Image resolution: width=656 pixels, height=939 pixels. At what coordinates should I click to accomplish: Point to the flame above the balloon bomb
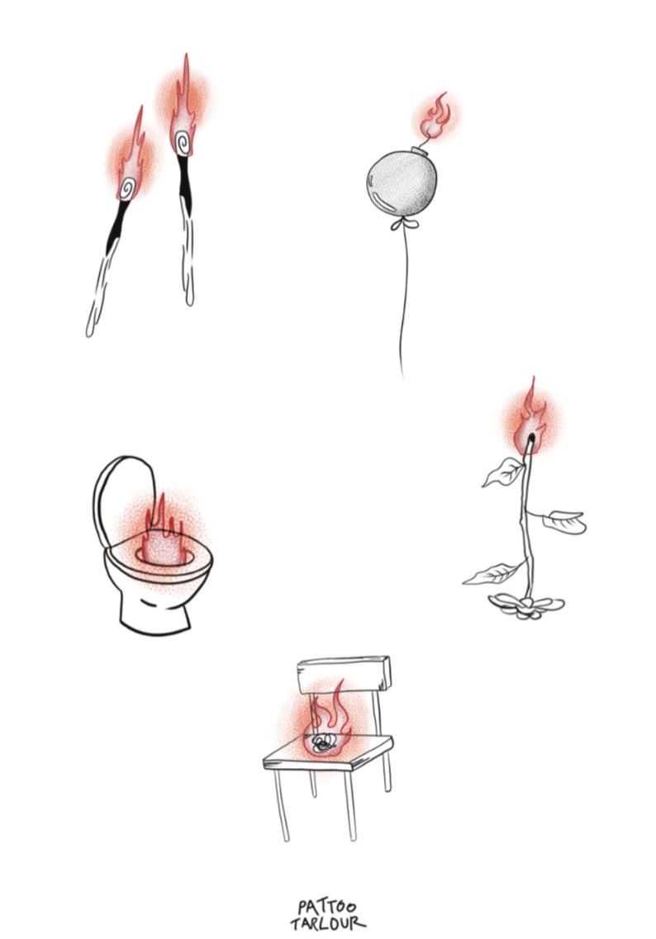tap(435, 116)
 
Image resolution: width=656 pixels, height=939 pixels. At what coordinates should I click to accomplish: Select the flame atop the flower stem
tap(530, 417)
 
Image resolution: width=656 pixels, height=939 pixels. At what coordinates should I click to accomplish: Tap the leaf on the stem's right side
tap(563, 520)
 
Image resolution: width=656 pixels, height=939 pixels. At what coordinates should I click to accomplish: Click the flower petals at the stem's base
tap(526, 605)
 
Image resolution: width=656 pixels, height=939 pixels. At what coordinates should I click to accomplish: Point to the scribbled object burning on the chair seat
tap(324, 742)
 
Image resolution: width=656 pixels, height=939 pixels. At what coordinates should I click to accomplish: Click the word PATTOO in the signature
tap(326, 908)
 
